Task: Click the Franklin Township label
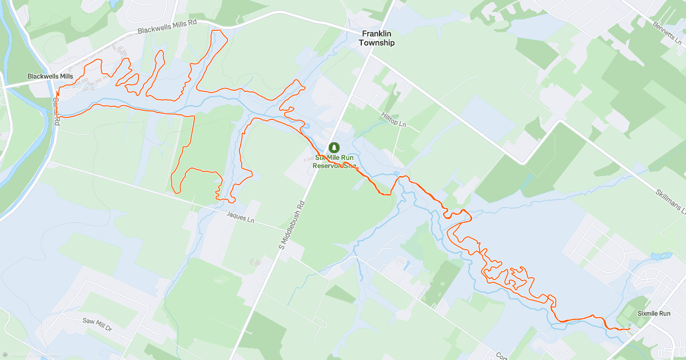(x=377, y=38)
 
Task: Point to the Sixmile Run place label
(x=654, y=314)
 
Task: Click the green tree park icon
(x=334, y=148)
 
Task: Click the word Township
(x=377, y=43)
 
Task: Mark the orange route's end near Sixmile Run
(x=629, y=328)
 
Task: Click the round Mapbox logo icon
(x=5, y=355)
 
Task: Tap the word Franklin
(x=377, y=34)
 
